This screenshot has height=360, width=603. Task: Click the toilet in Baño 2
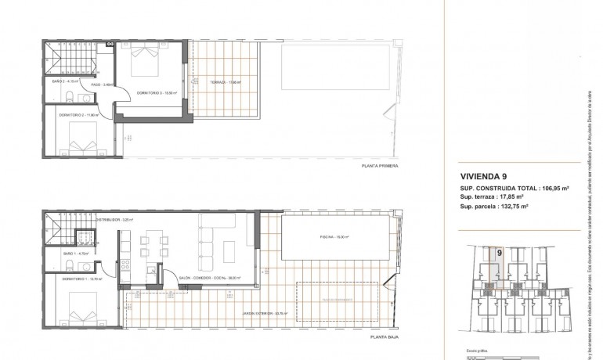pos(70,98)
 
